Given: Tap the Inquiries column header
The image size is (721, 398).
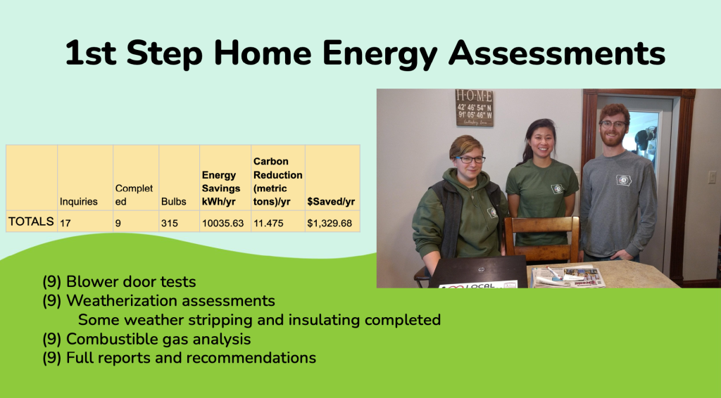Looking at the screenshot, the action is click(79, 202).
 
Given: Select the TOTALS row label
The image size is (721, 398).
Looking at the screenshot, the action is click(31, 222).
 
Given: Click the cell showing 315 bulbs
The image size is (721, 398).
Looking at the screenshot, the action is click(169, 223).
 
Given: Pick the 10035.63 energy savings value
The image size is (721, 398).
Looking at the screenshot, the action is click(222, 223).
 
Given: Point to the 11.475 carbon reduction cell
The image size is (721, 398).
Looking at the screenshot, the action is click(271, 223).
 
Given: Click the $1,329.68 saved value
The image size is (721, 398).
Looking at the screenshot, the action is click(330, 223).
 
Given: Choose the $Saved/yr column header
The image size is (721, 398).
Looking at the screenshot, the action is click(331, 202).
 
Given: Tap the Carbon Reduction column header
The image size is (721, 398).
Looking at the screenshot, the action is click(277, 182).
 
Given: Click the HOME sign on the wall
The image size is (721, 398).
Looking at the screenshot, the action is click(474, 108).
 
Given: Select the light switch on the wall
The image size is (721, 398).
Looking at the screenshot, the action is click(712, 176).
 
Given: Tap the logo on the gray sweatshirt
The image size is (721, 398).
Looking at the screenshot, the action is click(624, 180).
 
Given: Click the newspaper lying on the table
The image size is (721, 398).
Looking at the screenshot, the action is click(568, 277).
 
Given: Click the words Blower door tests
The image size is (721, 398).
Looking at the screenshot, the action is click(131, 281).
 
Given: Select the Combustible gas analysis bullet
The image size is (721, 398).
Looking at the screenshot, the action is click(146, 339).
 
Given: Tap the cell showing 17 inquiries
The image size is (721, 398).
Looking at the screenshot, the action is click(65, 223).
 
